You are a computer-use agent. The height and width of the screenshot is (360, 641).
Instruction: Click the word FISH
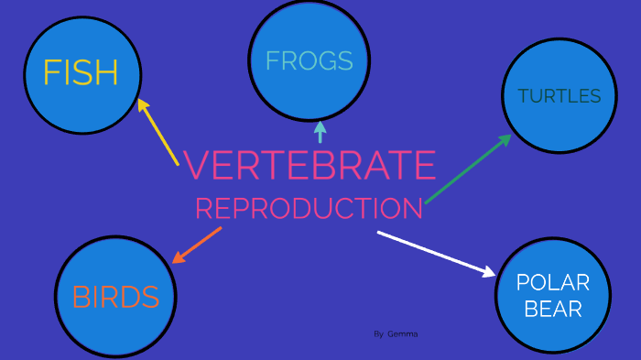(x=81, y=72)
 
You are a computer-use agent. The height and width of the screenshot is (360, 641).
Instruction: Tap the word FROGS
(x=309, y=60)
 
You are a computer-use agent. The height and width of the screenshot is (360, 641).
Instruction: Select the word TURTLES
(x=559, y=96)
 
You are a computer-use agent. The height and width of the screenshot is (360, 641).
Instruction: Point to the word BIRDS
(x=115, y=297)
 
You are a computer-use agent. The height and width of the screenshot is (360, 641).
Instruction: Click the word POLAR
(x=552, y=283)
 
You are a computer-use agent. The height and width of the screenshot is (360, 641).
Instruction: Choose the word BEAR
(x=553, y=309)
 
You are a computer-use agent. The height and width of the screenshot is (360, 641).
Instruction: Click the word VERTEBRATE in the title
(x=310, y=166)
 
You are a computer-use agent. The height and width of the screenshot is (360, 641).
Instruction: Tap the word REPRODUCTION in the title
(x=310, y=209)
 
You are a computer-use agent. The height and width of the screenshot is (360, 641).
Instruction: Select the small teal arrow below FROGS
(x=320, y=132)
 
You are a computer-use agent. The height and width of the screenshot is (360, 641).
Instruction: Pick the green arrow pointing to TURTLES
(x=467, y=169)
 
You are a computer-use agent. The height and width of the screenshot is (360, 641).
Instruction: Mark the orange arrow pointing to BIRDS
(x=197, y=245)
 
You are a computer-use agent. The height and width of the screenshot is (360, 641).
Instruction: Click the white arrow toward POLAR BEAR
(x=435, y=252)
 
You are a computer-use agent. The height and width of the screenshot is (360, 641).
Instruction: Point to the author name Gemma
(x=402, y=334)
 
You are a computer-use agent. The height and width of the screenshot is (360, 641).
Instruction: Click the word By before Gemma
(x=378, y=334)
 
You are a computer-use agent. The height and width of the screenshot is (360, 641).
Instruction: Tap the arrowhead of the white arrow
(x=488, y=270)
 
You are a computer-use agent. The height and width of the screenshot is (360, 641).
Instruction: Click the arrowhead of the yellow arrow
(x=142, y=104)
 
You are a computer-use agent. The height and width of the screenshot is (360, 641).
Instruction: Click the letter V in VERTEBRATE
(x=196, y=166)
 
